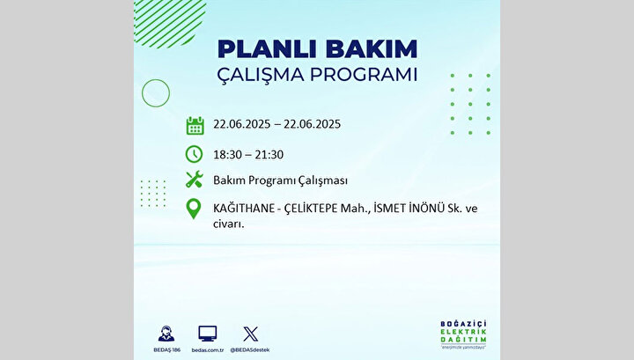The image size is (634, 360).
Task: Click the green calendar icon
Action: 195,125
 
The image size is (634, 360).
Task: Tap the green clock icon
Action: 194,154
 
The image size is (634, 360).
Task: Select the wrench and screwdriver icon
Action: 194,180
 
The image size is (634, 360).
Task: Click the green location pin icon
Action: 194,209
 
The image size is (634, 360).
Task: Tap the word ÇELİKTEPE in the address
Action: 311,209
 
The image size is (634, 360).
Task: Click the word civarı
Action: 228,224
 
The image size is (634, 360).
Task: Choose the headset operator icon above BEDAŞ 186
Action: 166,334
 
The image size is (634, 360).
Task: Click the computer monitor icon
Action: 208,334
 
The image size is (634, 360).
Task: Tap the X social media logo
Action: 250,334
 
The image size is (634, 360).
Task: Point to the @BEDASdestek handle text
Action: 250,350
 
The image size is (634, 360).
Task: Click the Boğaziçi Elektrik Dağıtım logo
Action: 463,334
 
